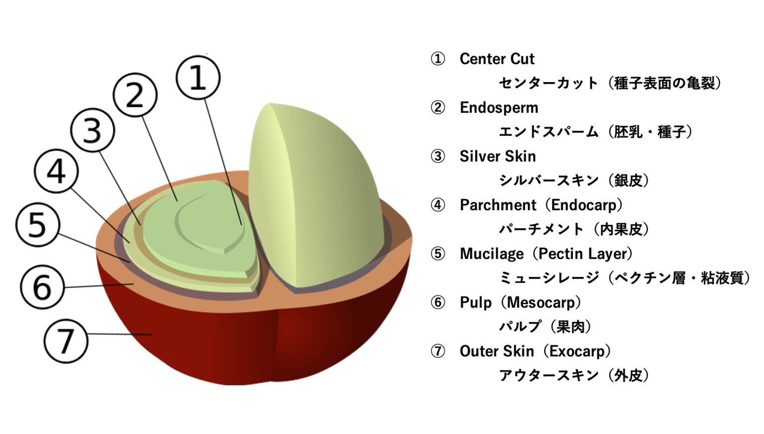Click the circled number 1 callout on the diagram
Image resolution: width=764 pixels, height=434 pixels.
(x=198, y=78)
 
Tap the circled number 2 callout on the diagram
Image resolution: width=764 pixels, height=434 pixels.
(x=135, y=95)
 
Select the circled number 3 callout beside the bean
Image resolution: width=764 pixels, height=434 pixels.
(x=93, y=130)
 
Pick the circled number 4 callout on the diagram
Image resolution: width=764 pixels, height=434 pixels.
(x=56, y=171)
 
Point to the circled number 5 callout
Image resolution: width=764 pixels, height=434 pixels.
(x=38, y=225)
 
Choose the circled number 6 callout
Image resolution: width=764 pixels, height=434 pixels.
(x=42, y=287)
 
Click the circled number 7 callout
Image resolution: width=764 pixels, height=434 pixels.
(x=66, y=341)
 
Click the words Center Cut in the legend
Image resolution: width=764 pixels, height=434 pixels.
(x=497, y=59)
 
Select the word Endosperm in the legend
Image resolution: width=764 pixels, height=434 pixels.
(x=499, y=108)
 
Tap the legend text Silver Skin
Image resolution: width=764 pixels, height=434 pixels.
(x=497, y=157)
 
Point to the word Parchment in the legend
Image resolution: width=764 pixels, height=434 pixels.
(x=498, y=205)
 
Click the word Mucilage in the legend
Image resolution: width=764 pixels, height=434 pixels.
(x=491, y=254)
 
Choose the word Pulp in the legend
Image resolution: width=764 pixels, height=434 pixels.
(x=476, y=303)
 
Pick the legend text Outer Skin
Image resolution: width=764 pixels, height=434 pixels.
(x=496, y=351)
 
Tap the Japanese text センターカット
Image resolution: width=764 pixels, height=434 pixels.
(x=548, y=83)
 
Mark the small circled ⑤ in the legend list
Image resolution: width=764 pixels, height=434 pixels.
(x=438, y=254)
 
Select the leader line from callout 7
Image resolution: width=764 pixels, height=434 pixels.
(x=119, y=334)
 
